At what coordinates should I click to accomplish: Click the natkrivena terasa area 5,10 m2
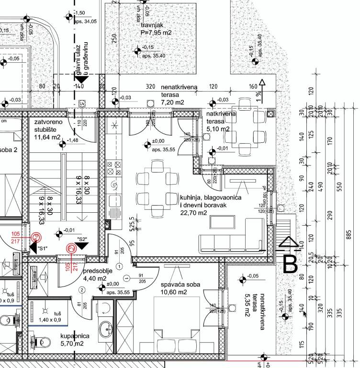coord(218,129)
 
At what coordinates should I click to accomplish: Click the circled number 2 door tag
coord(82,289)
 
